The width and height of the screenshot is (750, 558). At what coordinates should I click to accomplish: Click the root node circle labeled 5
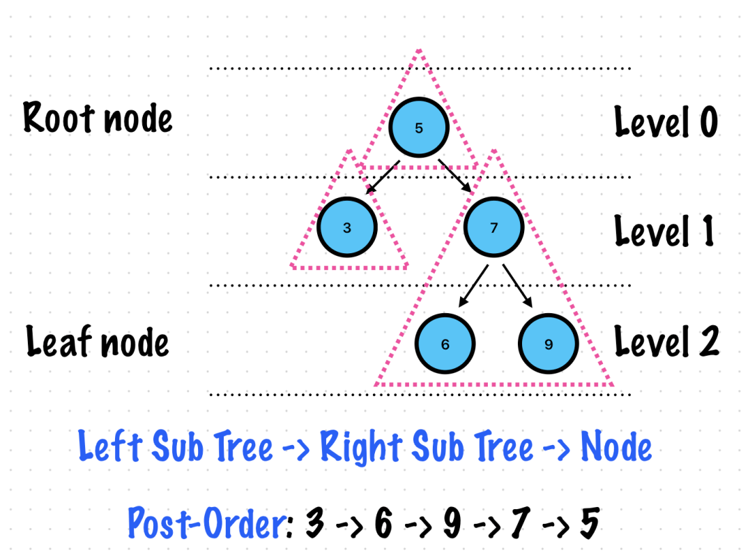(x=418, y=128)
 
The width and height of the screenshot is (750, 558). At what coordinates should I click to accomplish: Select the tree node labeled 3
(x=347, y=227)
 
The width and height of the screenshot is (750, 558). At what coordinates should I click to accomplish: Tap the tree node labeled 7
(x=493, y=227)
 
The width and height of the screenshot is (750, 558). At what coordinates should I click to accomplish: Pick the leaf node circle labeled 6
(x=445, y=344)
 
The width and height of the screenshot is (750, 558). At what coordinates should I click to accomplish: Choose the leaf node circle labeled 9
(x=549, y=344)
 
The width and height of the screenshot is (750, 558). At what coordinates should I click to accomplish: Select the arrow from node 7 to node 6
(x=474, y=285)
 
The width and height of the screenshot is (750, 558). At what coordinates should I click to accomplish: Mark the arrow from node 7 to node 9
(x=517, y=285)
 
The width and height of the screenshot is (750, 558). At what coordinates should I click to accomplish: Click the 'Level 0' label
(x=666, y=122)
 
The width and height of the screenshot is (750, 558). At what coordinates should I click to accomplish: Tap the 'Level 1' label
(x=664, y=230)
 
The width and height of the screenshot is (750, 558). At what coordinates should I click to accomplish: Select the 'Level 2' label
(x=666, y=342)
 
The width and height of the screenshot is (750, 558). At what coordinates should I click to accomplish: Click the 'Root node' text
(x=98, y=117)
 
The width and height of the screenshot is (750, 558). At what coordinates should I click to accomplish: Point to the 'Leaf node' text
(x=98, y=342)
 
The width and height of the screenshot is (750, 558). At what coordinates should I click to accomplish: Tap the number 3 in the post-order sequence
(x=315, y=523)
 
